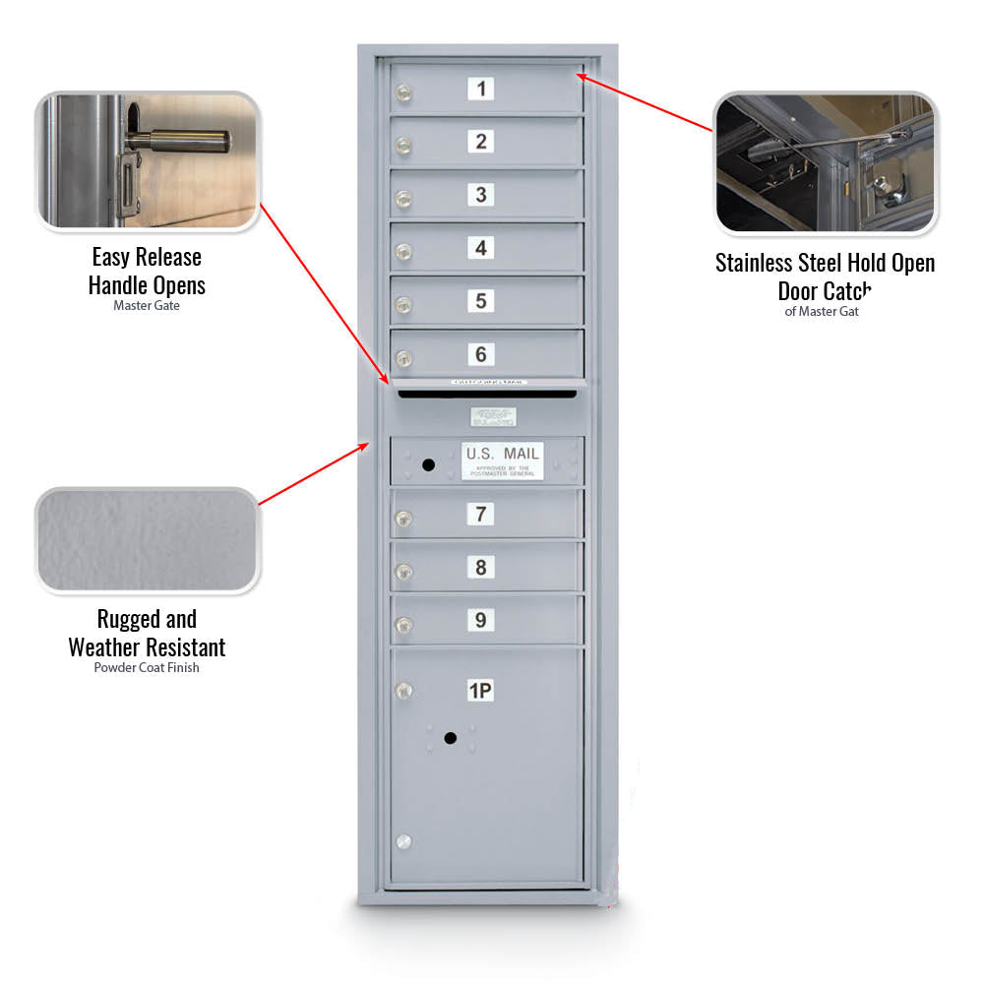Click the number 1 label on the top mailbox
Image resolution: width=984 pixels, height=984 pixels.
pyautogui.click(x=480, y=89)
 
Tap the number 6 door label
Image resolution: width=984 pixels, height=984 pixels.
pyautogui.click(x=480, y=354)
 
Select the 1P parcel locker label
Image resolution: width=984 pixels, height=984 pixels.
pyautogui.click(x=480, y=691)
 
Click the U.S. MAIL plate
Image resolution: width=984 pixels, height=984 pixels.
pyautogui.click(x=502, y=460)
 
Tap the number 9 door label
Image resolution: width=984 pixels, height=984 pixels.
pyautogui.click(x=480, y=620)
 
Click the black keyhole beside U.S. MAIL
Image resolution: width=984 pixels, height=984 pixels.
pyautogui.click(x=427, y=463)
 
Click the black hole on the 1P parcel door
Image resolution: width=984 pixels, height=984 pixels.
pyautogui.click(x=451, y=738)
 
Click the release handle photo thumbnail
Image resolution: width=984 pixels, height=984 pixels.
pyautogui.click(x=148, y=161)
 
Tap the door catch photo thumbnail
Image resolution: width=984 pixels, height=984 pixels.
pyautogui.click(x=825, y=163)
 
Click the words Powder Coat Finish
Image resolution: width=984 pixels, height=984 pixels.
pyautogui.click(x=147, y=668)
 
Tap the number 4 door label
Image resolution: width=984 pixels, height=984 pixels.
pyautogui.click(x=480, y=248)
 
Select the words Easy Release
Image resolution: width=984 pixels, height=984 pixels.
pyautogui.click(x=147, y=257)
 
